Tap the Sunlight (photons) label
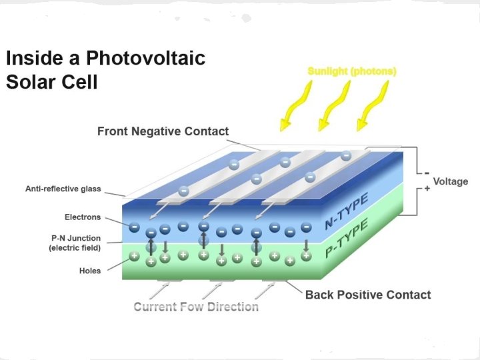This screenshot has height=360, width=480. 351,71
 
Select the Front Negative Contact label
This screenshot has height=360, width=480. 163,131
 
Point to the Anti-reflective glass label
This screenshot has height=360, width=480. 63,189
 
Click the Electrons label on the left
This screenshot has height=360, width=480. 83,217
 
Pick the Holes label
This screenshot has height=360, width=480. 90,271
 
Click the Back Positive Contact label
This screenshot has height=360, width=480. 368,295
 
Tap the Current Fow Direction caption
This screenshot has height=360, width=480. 196,307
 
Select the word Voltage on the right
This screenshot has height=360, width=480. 451,181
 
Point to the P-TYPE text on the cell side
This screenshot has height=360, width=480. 347,241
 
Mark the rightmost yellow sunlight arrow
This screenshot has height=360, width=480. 371,107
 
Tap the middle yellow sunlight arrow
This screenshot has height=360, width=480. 331,107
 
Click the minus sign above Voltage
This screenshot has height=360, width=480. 427,171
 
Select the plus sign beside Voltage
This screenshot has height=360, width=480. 427,189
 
